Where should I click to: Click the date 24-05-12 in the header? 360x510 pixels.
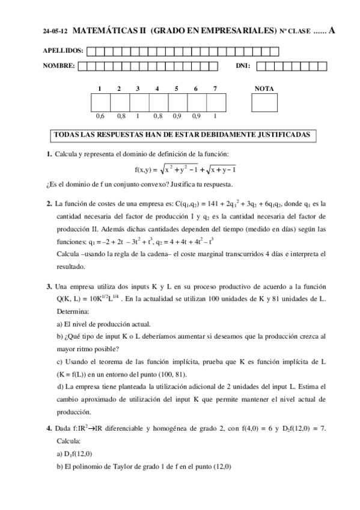55,31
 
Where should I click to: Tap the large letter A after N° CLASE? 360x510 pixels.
331,29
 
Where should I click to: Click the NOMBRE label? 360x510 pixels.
59,66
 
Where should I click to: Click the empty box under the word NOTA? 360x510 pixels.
264,103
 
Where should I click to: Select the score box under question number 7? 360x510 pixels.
215,103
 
